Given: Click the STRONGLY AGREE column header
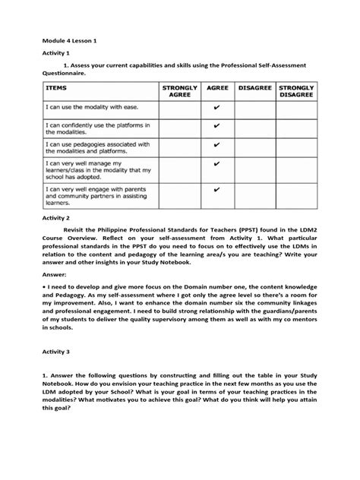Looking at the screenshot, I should pyautogui.click(x=180, y=93).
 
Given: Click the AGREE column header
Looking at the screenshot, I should pyautogui.click(x=217, y=89).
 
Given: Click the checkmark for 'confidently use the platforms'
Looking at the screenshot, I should pyautogui.click(x=217, y=126).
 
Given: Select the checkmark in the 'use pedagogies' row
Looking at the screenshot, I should pyautogui.click(x=217, y=145).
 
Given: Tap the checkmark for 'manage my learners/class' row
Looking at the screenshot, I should pyautogui.click(x=217, y=163).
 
